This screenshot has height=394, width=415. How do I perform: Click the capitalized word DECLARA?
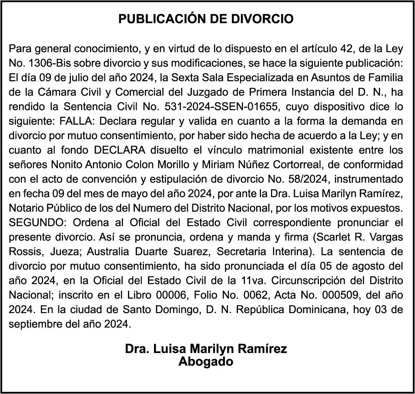pos(119,150)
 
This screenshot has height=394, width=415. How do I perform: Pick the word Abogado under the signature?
pos(206,362)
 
